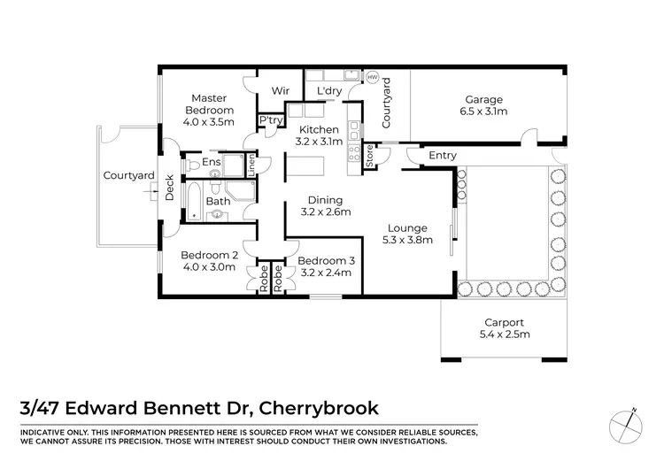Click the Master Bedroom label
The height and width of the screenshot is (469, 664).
[209, 104]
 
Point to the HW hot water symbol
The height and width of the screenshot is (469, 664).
[372, 77]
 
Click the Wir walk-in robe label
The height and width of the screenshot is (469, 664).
[281, 90]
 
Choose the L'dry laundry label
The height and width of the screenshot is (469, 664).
[318, 90]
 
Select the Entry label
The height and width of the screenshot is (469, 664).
[442, 156]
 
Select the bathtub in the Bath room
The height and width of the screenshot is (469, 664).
[192, 202]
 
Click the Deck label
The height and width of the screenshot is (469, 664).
[169, 187]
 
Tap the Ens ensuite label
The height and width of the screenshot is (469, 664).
[211, 163]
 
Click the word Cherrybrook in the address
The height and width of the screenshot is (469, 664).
[313, 408]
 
